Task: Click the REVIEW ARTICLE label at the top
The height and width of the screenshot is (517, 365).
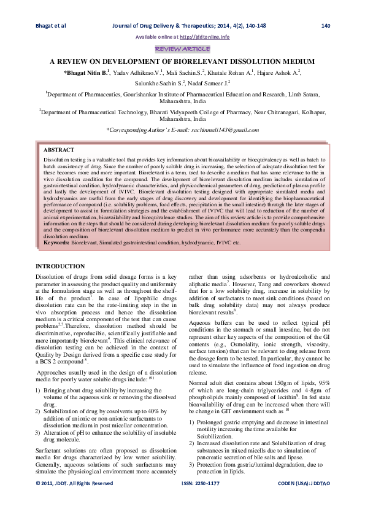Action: (x=182, y=49)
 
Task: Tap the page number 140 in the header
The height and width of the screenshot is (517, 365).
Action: (x=326, y=26)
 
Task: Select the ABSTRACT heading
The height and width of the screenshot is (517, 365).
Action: (x=59, y=150)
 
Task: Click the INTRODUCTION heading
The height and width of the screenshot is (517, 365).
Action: (x=60, y=266)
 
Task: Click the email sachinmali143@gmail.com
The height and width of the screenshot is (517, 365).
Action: (x=218, y=130)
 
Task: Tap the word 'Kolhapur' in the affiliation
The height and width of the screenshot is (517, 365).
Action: (x=310, y=113)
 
